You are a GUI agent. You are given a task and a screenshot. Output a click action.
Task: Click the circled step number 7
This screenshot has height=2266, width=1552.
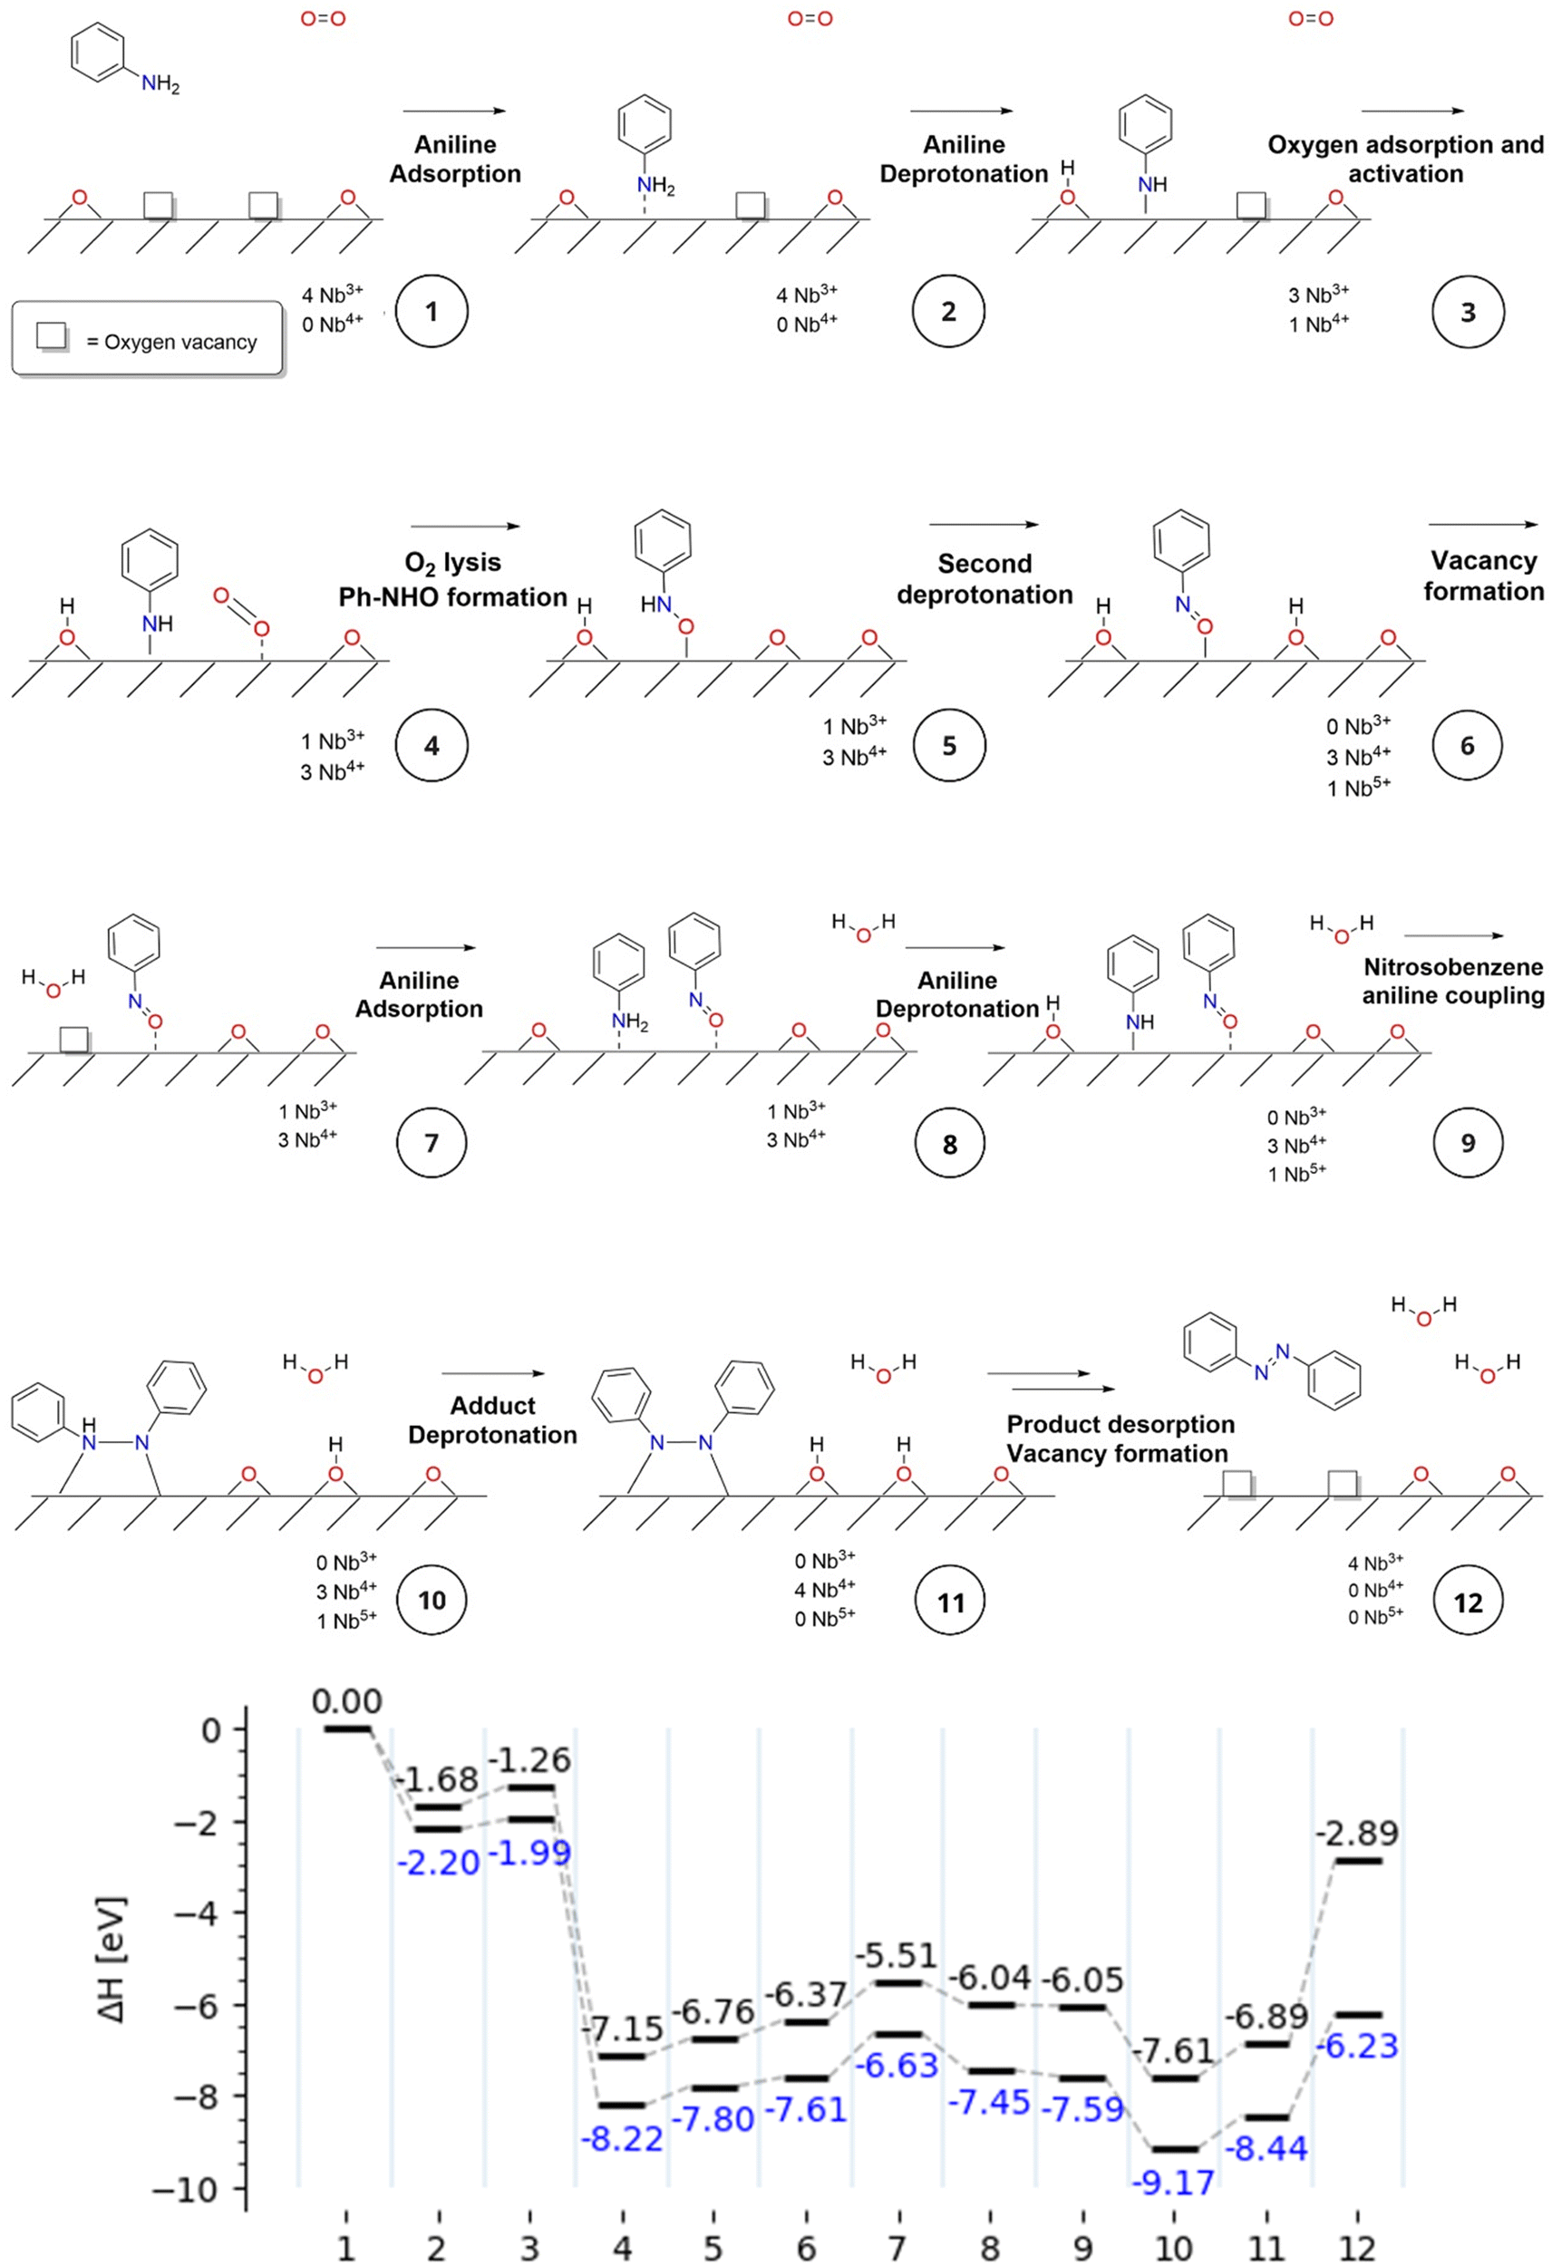click(432, 1142)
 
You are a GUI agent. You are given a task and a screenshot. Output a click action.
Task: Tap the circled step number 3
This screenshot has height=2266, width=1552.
click(1468, 312)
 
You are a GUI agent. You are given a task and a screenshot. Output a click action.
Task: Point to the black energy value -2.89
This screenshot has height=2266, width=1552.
click(1356, 1832)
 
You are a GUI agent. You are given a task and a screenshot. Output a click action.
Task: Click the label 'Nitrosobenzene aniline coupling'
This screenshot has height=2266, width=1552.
click(1453, 981)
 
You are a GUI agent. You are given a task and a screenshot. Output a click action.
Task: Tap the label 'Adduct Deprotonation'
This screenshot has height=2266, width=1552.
click(492, 1419)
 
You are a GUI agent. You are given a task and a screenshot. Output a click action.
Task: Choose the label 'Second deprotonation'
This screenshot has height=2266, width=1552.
click(985, 579)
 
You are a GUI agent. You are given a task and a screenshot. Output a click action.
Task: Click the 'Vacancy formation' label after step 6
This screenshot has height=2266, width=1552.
click(1484, 576)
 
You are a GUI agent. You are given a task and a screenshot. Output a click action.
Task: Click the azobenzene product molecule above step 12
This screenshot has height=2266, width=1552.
click(1272, 1358)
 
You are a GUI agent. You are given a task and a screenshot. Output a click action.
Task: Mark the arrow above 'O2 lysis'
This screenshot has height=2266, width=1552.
click(464, 527)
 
